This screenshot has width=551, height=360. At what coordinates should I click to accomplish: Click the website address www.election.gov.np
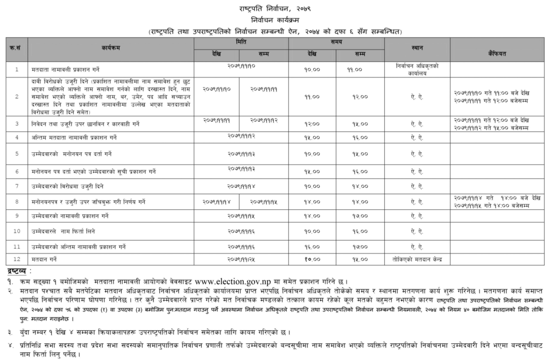coord(248,280)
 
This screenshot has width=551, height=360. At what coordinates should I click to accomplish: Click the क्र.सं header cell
coord(16,47)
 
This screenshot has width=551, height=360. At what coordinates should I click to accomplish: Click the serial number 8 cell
coord(17,201)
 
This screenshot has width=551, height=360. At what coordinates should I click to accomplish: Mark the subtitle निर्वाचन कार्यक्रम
coord(275,20)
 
